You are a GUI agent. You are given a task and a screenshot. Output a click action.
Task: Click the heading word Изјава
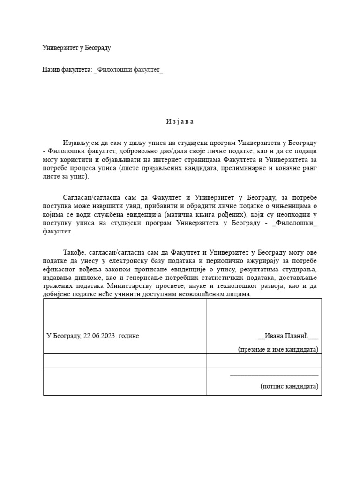coord(180,121)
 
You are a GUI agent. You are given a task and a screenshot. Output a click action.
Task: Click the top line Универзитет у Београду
coord(76,48)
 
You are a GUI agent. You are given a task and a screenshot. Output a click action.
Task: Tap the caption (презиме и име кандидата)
coord(278,349)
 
